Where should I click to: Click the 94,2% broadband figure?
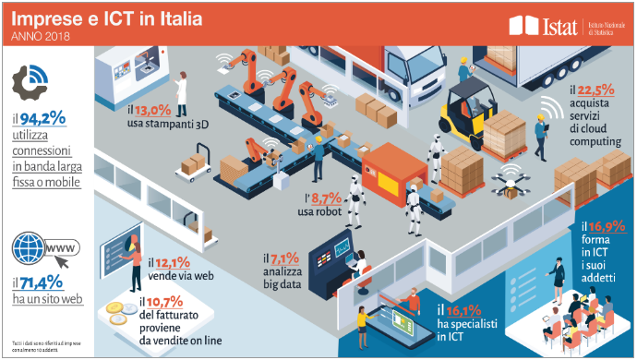click(42, 117)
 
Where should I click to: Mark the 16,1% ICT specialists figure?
click(464, 311)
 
